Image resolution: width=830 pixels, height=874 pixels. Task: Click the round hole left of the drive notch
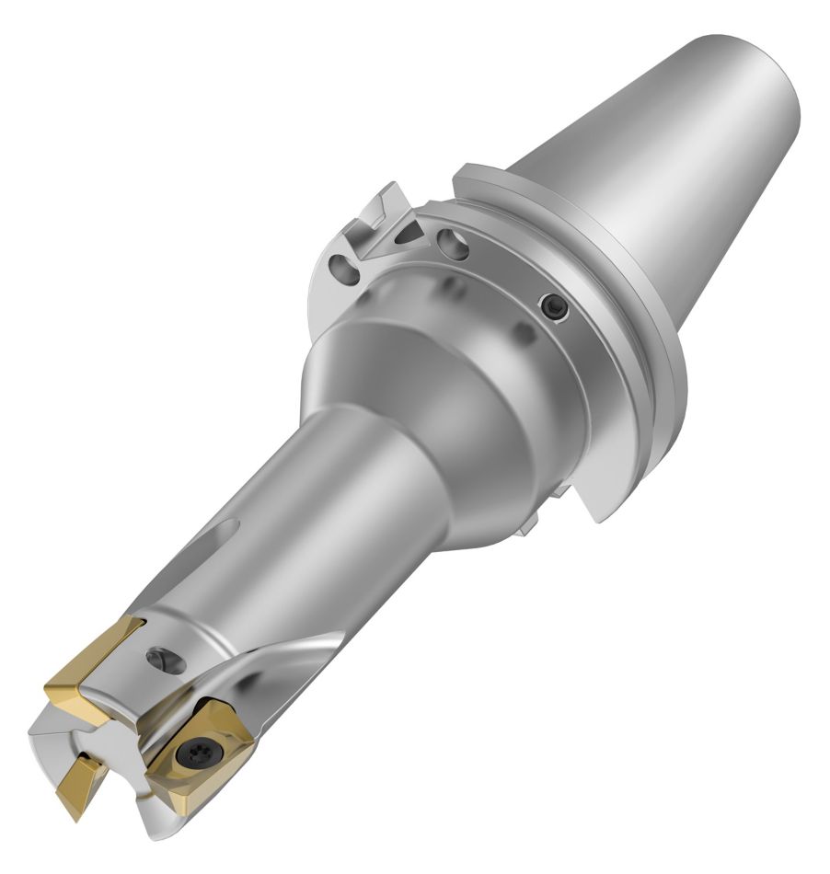click(342, 270)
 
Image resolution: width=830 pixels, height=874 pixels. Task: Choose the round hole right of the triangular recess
click(452, 244)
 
